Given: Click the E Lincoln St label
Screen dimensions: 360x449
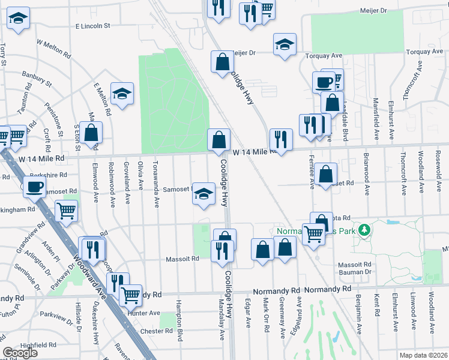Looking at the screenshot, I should click(93, 26).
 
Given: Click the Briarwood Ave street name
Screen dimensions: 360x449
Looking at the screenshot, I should click(366, 174).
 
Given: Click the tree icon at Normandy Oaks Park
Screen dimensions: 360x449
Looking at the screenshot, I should click(363, 229).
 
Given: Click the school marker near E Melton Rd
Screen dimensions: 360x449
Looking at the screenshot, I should click(122, 94).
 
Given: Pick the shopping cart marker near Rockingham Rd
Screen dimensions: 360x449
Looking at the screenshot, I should click(66, 211).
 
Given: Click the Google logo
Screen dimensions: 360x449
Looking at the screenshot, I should click(20, 353).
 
